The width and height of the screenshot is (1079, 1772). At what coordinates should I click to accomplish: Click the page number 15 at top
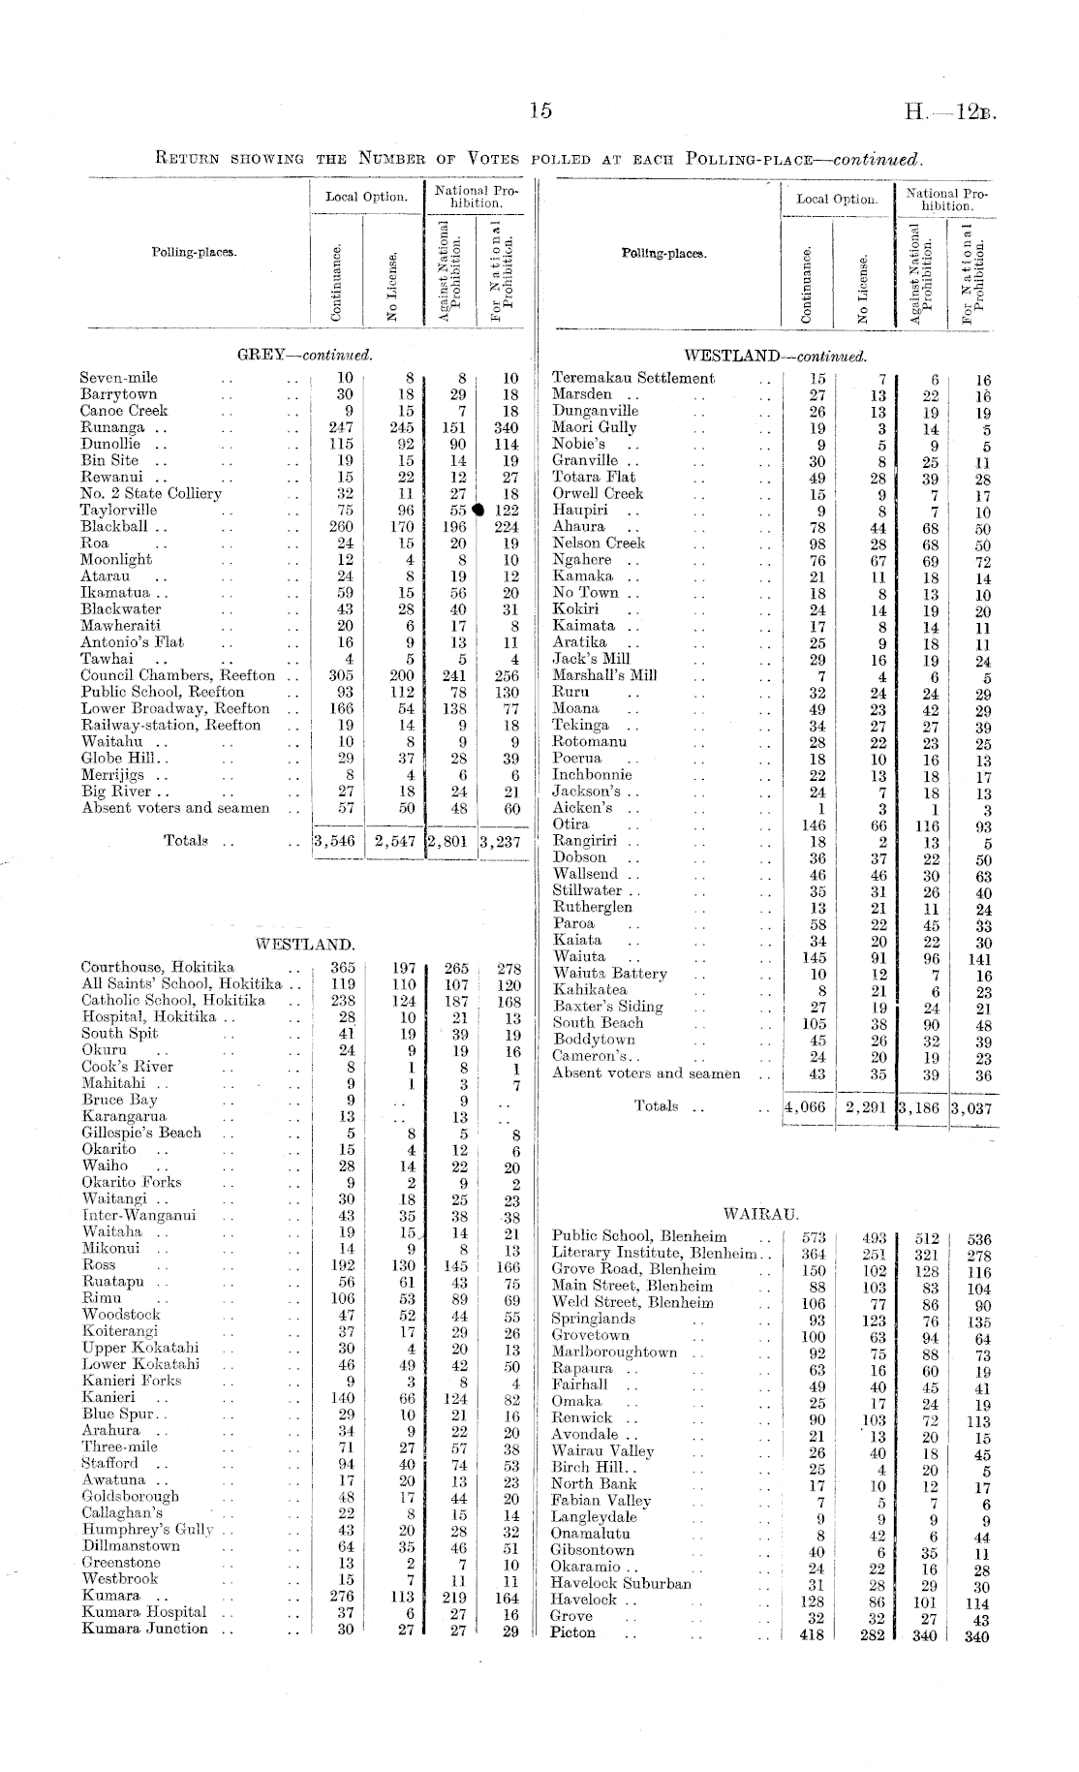coord(540,111)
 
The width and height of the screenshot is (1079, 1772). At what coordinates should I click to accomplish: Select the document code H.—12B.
coord(950,112)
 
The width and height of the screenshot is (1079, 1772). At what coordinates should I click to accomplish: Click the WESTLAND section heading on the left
coord(305,944)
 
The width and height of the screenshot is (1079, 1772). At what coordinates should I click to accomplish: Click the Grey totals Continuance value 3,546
coord(335,842)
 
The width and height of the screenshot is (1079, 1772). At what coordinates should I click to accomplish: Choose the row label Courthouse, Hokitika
coord(158,967)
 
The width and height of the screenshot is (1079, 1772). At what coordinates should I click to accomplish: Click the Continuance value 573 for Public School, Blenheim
coord(815,1238)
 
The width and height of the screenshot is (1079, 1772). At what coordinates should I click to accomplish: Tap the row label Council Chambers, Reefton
coord(177,675)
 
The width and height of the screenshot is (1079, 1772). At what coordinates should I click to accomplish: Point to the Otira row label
coord(570,824)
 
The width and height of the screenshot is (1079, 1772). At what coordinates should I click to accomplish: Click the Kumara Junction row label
coord(144,1630)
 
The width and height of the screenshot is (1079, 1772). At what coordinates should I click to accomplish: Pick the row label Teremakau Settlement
coord(632,378)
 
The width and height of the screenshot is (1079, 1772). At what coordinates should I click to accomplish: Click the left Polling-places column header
coord(194,253)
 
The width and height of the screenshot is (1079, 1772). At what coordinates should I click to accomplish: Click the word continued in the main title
coord(877,159)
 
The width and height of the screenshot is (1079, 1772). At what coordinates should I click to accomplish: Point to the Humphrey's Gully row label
coord(147,1531)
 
